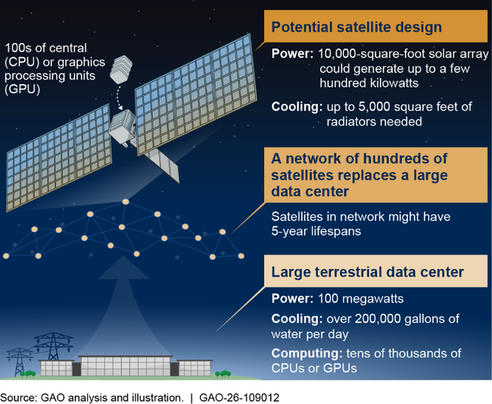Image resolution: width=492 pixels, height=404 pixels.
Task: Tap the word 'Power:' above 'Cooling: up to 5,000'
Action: [x=291, y=55]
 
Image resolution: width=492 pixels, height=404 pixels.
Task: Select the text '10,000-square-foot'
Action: [x=366, y=55]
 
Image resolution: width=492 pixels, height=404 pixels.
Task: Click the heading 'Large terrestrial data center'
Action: [x=366, y=271]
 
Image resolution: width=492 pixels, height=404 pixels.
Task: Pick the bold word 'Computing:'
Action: [x=301, y=353]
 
